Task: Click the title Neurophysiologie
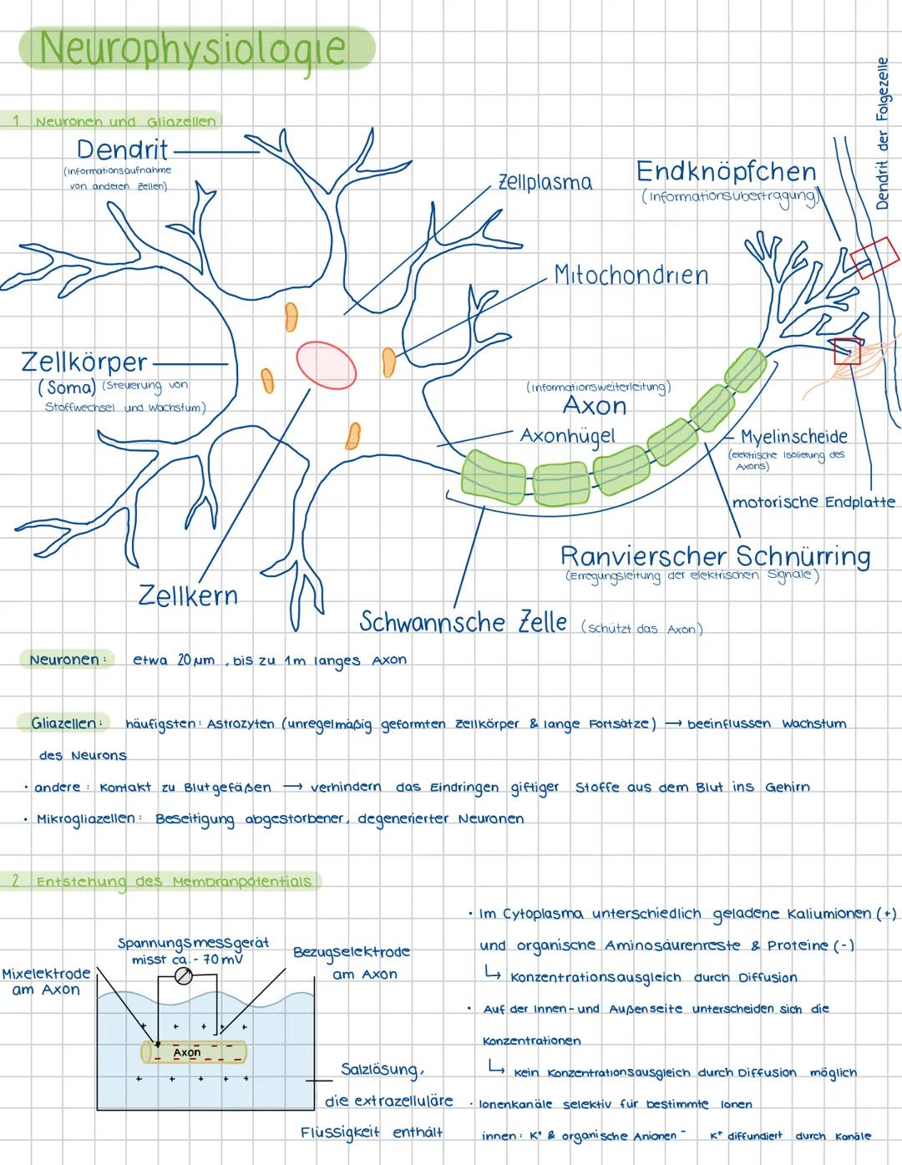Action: [x=193, y=48]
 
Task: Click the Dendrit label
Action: [x=122, y=150]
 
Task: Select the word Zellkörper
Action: [x=84, y=363]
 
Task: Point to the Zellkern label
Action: [x=188, y=596]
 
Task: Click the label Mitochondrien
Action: [x=631, y=275]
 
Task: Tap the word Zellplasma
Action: [x=545, y=182]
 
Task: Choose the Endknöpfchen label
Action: [x=726, y=172]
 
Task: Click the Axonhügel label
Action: [x=567, y=436]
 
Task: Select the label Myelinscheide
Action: [x=793, y=436]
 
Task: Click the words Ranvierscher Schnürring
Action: [x=715, y=556]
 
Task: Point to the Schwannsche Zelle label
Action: [x=464, y=622]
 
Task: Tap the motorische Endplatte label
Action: [x=813, y=502]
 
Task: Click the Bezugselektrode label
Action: [x=352, y=952]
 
